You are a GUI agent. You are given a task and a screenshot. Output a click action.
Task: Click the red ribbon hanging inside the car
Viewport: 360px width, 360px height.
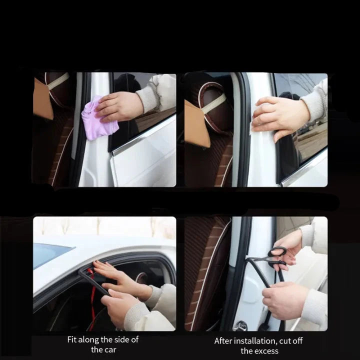click(x=92, y=298)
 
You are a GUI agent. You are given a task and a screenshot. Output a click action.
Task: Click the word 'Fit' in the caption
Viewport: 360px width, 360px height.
click(x=71, y=339)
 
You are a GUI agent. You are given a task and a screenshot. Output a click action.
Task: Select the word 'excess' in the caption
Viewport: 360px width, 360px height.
click(x=267, y=351)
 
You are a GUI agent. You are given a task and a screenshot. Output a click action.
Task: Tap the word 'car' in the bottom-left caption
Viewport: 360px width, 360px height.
click(x=110, y=350)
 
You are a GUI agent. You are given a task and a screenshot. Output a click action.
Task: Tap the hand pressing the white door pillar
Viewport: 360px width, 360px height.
click(x=279, y=116)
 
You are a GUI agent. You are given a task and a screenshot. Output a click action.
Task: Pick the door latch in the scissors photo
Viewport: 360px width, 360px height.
click(x=240, y=325)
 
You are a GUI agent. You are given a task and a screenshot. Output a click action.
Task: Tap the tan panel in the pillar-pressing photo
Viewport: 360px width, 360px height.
click(x=197, y=124)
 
